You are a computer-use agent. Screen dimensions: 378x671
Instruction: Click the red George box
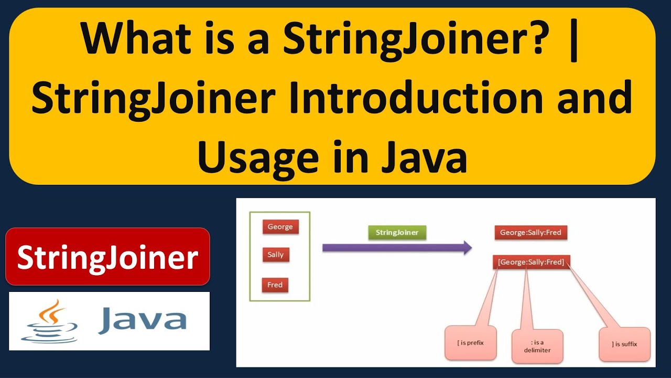[x=280, y=227]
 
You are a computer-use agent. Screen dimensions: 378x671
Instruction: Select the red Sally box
[x=276, y=255]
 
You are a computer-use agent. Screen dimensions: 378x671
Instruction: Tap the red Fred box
[x=275, y=285]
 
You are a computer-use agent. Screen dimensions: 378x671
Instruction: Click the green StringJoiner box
[x=397, y=232]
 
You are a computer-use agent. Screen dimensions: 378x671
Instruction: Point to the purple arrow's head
[x=467, y=247]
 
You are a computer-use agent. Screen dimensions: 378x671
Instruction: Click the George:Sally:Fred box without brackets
[x=531, y=232]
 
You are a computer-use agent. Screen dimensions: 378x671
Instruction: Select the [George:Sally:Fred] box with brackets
[x=532, y=261]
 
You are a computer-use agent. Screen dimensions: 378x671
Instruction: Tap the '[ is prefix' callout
[x=470, y=343]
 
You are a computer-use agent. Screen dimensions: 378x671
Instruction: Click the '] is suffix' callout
[x=624, y=344]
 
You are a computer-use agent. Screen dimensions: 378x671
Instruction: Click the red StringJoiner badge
[x=107, y=257]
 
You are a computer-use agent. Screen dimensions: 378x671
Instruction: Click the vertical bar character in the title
[x=576, y=40]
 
